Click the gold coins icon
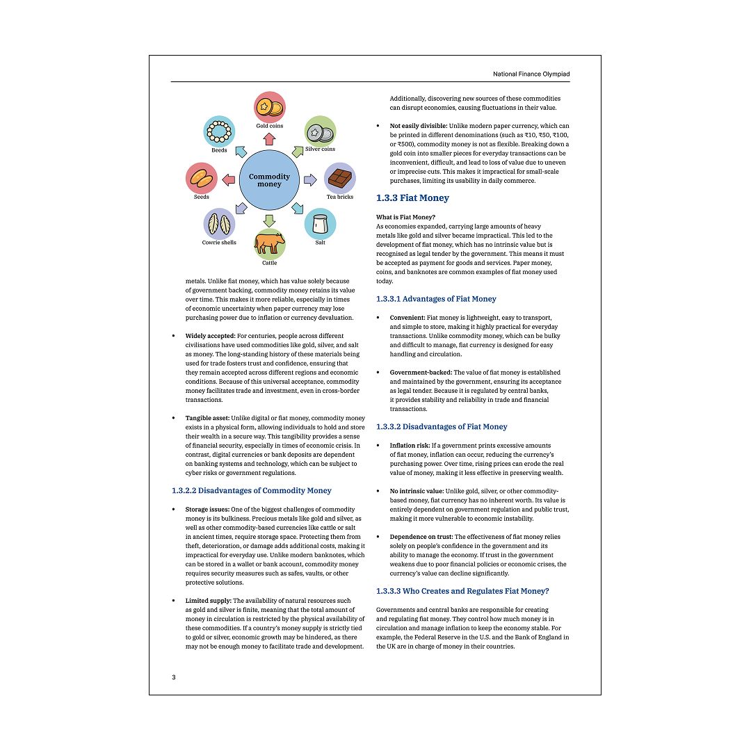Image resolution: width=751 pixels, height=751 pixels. [269, 107]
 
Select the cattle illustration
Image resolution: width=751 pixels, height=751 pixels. [269, 243]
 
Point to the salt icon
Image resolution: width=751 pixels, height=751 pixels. [321, 224]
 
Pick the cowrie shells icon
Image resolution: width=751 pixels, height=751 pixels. [219, 224]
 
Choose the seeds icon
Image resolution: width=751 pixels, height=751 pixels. [202, 179]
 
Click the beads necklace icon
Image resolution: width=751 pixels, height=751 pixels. [219, 131]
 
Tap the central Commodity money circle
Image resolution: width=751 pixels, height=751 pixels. [269, 180]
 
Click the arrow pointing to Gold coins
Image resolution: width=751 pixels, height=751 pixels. [269, 139]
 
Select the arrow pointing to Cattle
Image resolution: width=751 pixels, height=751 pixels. [269, 221]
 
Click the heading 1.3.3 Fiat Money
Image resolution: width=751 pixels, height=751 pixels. [412, 198]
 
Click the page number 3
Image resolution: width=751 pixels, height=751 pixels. [174, 677]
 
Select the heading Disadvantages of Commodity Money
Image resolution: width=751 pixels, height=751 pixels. [252, 491]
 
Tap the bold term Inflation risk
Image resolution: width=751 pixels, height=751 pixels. [410, 446]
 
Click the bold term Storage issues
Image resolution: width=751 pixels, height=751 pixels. [207, 510]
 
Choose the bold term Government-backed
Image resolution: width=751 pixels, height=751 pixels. [421, 373]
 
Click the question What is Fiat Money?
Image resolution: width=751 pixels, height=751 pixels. [405, 217]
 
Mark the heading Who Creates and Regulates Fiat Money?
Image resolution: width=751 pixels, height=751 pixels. [462, 591]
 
